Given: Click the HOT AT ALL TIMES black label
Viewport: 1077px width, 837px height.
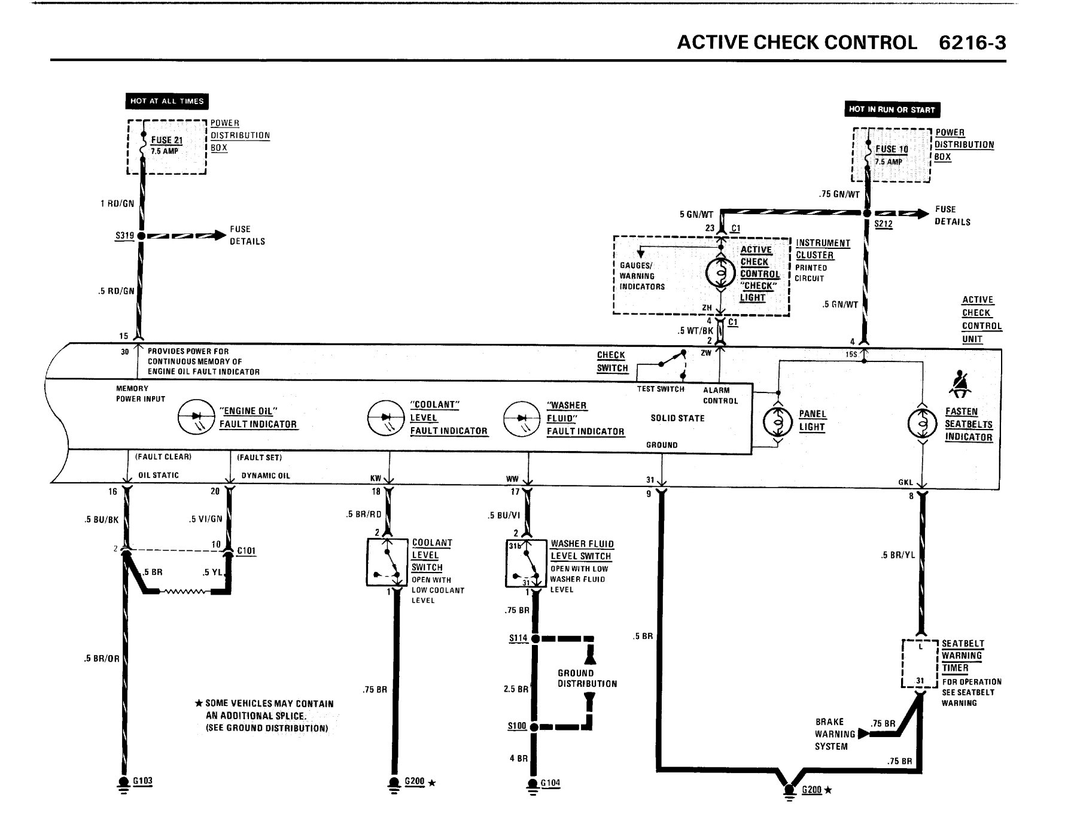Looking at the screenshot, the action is pyautogui.click(x=167, y=101).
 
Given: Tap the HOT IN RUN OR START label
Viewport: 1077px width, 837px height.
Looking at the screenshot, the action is pyautogui.click(x=891, y=109).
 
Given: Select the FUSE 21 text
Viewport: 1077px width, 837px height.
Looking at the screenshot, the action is pyautogui.click(x=166, y=140).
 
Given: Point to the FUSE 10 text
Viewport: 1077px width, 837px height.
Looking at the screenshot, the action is pyautogui.click(x=892, y=149).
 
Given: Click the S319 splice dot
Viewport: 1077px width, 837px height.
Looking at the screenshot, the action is pyautogui.click(x=142, y=236).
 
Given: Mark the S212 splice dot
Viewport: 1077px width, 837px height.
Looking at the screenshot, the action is pyautogui.click(x=866, y=213).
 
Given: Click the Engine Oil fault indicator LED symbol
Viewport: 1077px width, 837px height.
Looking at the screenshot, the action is pyautogui.click(x=196, y=417).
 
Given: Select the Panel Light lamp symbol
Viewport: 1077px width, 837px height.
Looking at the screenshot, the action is pyautogui.click(x=778, y=422).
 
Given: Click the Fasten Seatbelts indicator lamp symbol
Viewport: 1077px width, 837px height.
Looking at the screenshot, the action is pyautogui.click(x=922, y=424).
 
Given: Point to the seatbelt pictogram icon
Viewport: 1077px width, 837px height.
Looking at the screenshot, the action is pyautogui.click(x=960, y=384).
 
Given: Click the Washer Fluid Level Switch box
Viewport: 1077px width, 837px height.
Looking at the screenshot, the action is pyautogui.click(x=526, y=563).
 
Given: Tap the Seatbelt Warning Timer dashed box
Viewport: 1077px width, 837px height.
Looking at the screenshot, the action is pyautogui.click(x=920, y=663).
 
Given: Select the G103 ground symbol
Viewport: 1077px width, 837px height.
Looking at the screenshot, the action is pyautogui.click(x=124, y=784).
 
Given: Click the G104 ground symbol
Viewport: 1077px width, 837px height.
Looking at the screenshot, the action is pyautogui.click(x=533, y=786).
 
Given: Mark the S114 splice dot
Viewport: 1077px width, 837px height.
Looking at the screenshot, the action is pyautogui.click(x=536, y=638).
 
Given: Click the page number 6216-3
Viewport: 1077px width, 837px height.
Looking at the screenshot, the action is pyautogui.click(x=972, y=42).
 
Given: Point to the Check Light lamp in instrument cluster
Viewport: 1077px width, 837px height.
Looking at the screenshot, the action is pyautogui.click(x=720, y=273).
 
